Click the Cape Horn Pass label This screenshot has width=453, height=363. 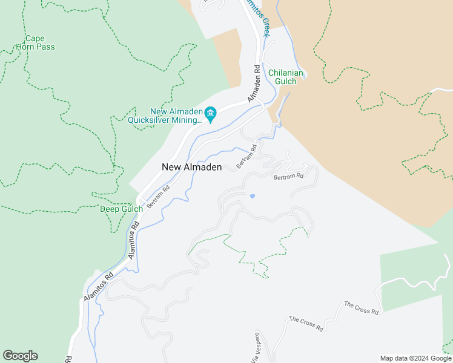point(39,42)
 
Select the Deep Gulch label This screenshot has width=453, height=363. point(121,209)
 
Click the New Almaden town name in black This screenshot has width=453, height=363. point(191,167)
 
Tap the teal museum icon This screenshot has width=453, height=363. point(211,113)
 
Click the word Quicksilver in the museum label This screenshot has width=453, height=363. point(149,120)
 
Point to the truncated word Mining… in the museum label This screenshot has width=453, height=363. point(187,120)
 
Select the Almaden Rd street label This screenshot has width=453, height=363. point(254,83)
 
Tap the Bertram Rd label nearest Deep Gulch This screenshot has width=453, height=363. point(158,197)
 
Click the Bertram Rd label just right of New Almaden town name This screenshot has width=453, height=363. point(246,156)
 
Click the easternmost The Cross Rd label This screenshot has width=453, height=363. point(362,308)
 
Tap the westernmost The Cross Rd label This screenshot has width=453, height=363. point(306,324)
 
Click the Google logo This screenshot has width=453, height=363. point(20,356)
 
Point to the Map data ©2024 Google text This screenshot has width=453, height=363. point(415,358)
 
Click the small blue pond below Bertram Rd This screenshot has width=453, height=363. point(252,196)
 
